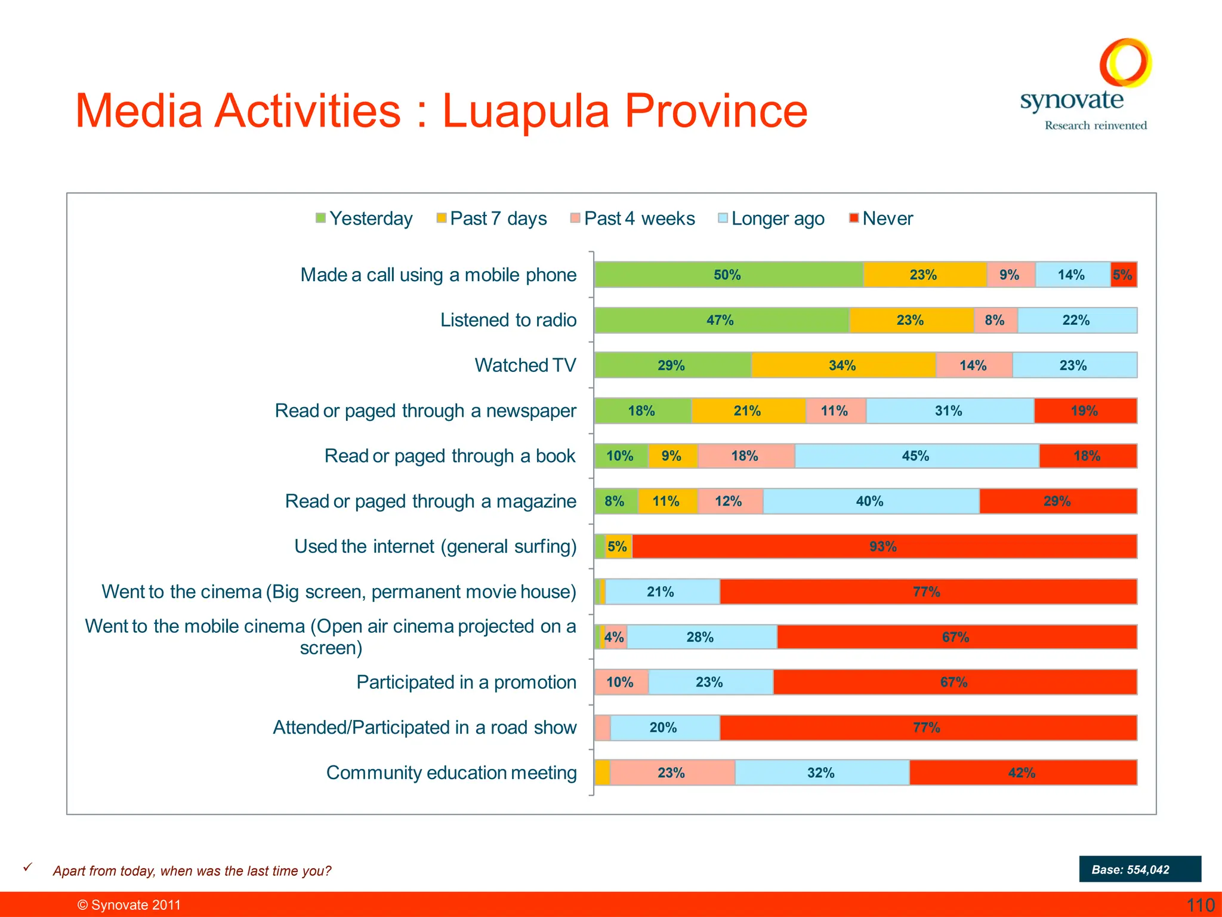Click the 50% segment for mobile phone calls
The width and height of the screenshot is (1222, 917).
click(728, 275)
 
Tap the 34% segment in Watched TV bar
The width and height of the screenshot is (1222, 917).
click(843, 365)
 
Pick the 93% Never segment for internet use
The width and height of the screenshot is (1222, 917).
click(883, 546)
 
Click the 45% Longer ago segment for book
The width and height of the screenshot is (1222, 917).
click(916, 456)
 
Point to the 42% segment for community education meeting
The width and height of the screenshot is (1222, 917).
click(1022, 773)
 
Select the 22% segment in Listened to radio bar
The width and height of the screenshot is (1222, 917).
click(1076, 321)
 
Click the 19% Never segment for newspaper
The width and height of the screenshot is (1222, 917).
click(1085, 411)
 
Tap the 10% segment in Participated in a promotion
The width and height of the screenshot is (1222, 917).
click(621, 682)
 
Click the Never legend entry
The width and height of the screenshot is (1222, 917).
click(881, 219)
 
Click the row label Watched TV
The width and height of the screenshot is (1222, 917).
click(525, 365)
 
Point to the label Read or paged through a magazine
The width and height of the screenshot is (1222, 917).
click(430, 501)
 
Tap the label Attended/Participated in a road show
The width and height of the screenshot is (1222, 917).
click(424, 727)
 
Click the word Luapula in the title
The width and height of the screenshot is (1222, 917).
click(525, 112)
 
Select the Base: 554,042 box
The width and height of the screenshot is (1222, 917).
click(1139, 869)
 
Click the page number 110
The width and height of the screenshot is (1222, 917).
click(1200, 905)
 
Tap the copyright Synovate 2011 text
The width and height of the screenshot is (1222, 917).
click(129, 905)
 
